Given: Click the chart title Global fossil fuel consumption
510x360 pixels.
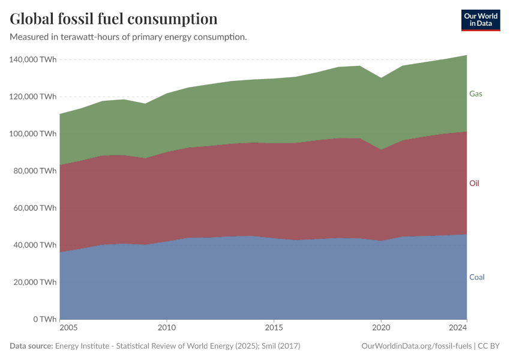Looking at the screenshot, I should tap(113, 19).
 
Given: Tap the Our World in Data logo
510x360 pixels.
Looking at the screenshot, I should tap(480, 20).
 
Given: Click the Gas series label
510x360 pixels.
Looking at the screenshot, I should tap(476, 94).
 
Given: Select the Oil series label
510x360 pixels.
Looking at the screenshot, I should tap(474, 183).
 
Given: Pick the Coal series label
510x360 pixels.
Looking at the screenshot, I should tap(476, 277).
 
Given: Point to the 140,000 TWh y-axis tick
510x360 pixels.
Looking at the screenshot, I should tap(33, 59).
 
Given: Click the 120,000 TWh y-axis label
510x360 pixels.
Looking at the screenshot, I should tap(33, 97).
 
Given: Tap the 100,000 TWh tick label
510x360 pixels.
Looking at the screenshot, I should tap(33, 134).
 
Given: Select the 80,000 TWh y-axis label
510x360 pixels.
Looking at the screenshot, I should tap(35, 171).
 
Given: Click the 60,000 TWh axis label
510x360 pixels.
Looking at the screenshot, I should tap(35, 208).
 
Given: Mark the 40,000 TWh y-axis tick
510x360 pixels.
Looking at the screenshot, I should tap(35, 245).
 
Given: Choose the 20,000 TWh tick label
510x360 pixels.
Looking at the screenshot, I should tap(35, 282).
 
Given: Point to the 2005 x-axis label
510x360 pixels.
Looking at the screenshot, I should tap(68, 328).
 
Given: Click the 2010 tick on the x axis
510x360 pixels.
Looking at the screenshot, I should tap(167, 328).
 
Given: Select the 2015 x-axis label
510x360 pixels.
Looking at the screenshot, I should tap(274, 328).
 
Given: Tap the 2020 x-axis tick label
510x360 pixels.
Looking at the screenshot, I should tap(380, 328).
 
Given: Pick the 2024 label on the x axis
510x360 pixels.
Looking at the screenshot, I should tap(458, 328).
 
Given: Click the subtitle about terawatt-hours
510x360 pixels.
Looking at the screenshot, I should tap(128, 37).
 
